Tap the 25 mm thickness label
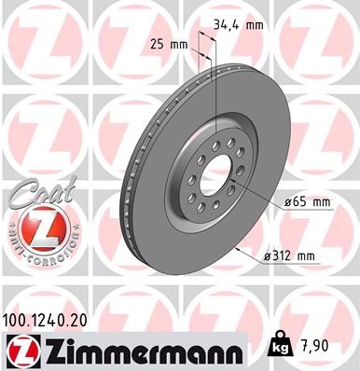(x=169, y=43)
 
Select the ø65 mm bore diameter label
(x=308, y=201)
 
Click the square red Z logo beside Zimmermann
(x=20, y=350)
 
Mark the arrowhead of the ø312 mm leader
(x=241, y=249)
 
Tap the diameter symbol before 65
(x=284, y=201)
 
